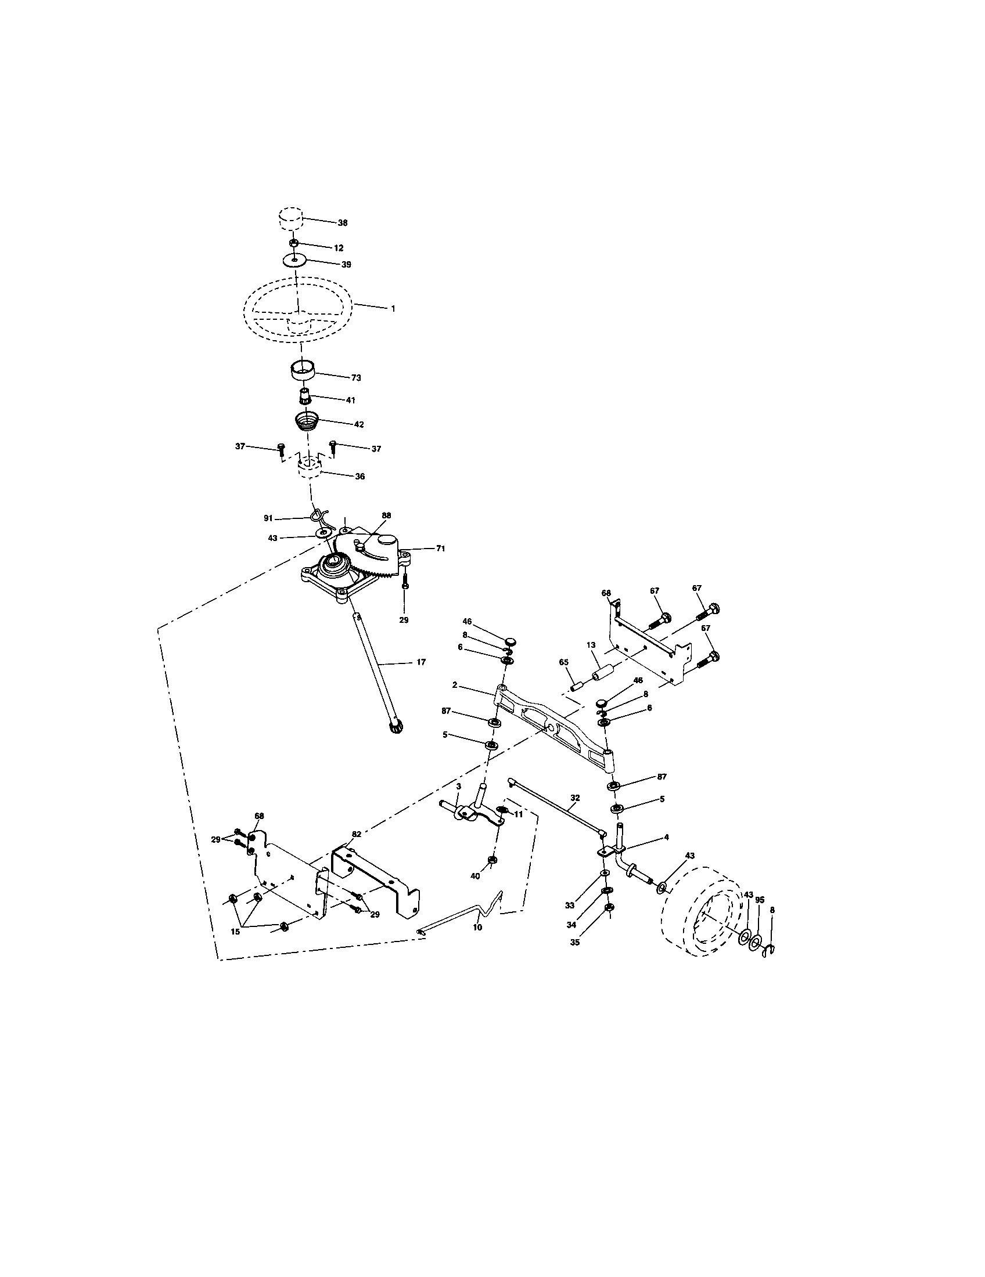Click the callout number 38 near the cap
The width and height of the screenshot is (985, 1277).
coord(343,223)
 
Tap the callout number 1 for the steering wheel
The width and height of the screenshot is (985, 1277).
coord(393,308)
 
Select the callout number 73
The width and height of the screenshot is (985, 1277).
coord(356,378)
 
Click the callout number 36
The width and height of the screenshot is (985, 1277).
coord(360,477)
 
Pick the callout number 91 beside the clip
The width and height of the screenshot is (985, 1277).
coord(268,518)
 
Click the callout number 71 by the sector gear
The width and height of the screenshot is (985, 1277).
coord(440,549)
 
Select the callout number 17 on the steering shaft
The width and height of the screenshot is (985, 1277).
coord(421,662)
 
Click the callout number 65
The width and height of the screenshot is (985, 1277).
coord(564,662)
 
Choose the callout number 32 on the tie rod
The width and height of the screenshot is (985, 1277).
coord(575,798)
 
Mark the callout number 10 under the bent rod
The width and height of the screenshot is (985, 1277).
coord(477,928)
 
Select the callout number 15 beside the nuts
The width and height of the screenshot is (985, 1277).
coord(235,932)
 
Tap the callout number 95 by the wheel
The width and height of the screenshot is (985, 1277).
coord(760,900)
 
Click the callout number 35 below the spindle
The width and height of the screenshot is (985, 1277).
coord(575,943)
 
